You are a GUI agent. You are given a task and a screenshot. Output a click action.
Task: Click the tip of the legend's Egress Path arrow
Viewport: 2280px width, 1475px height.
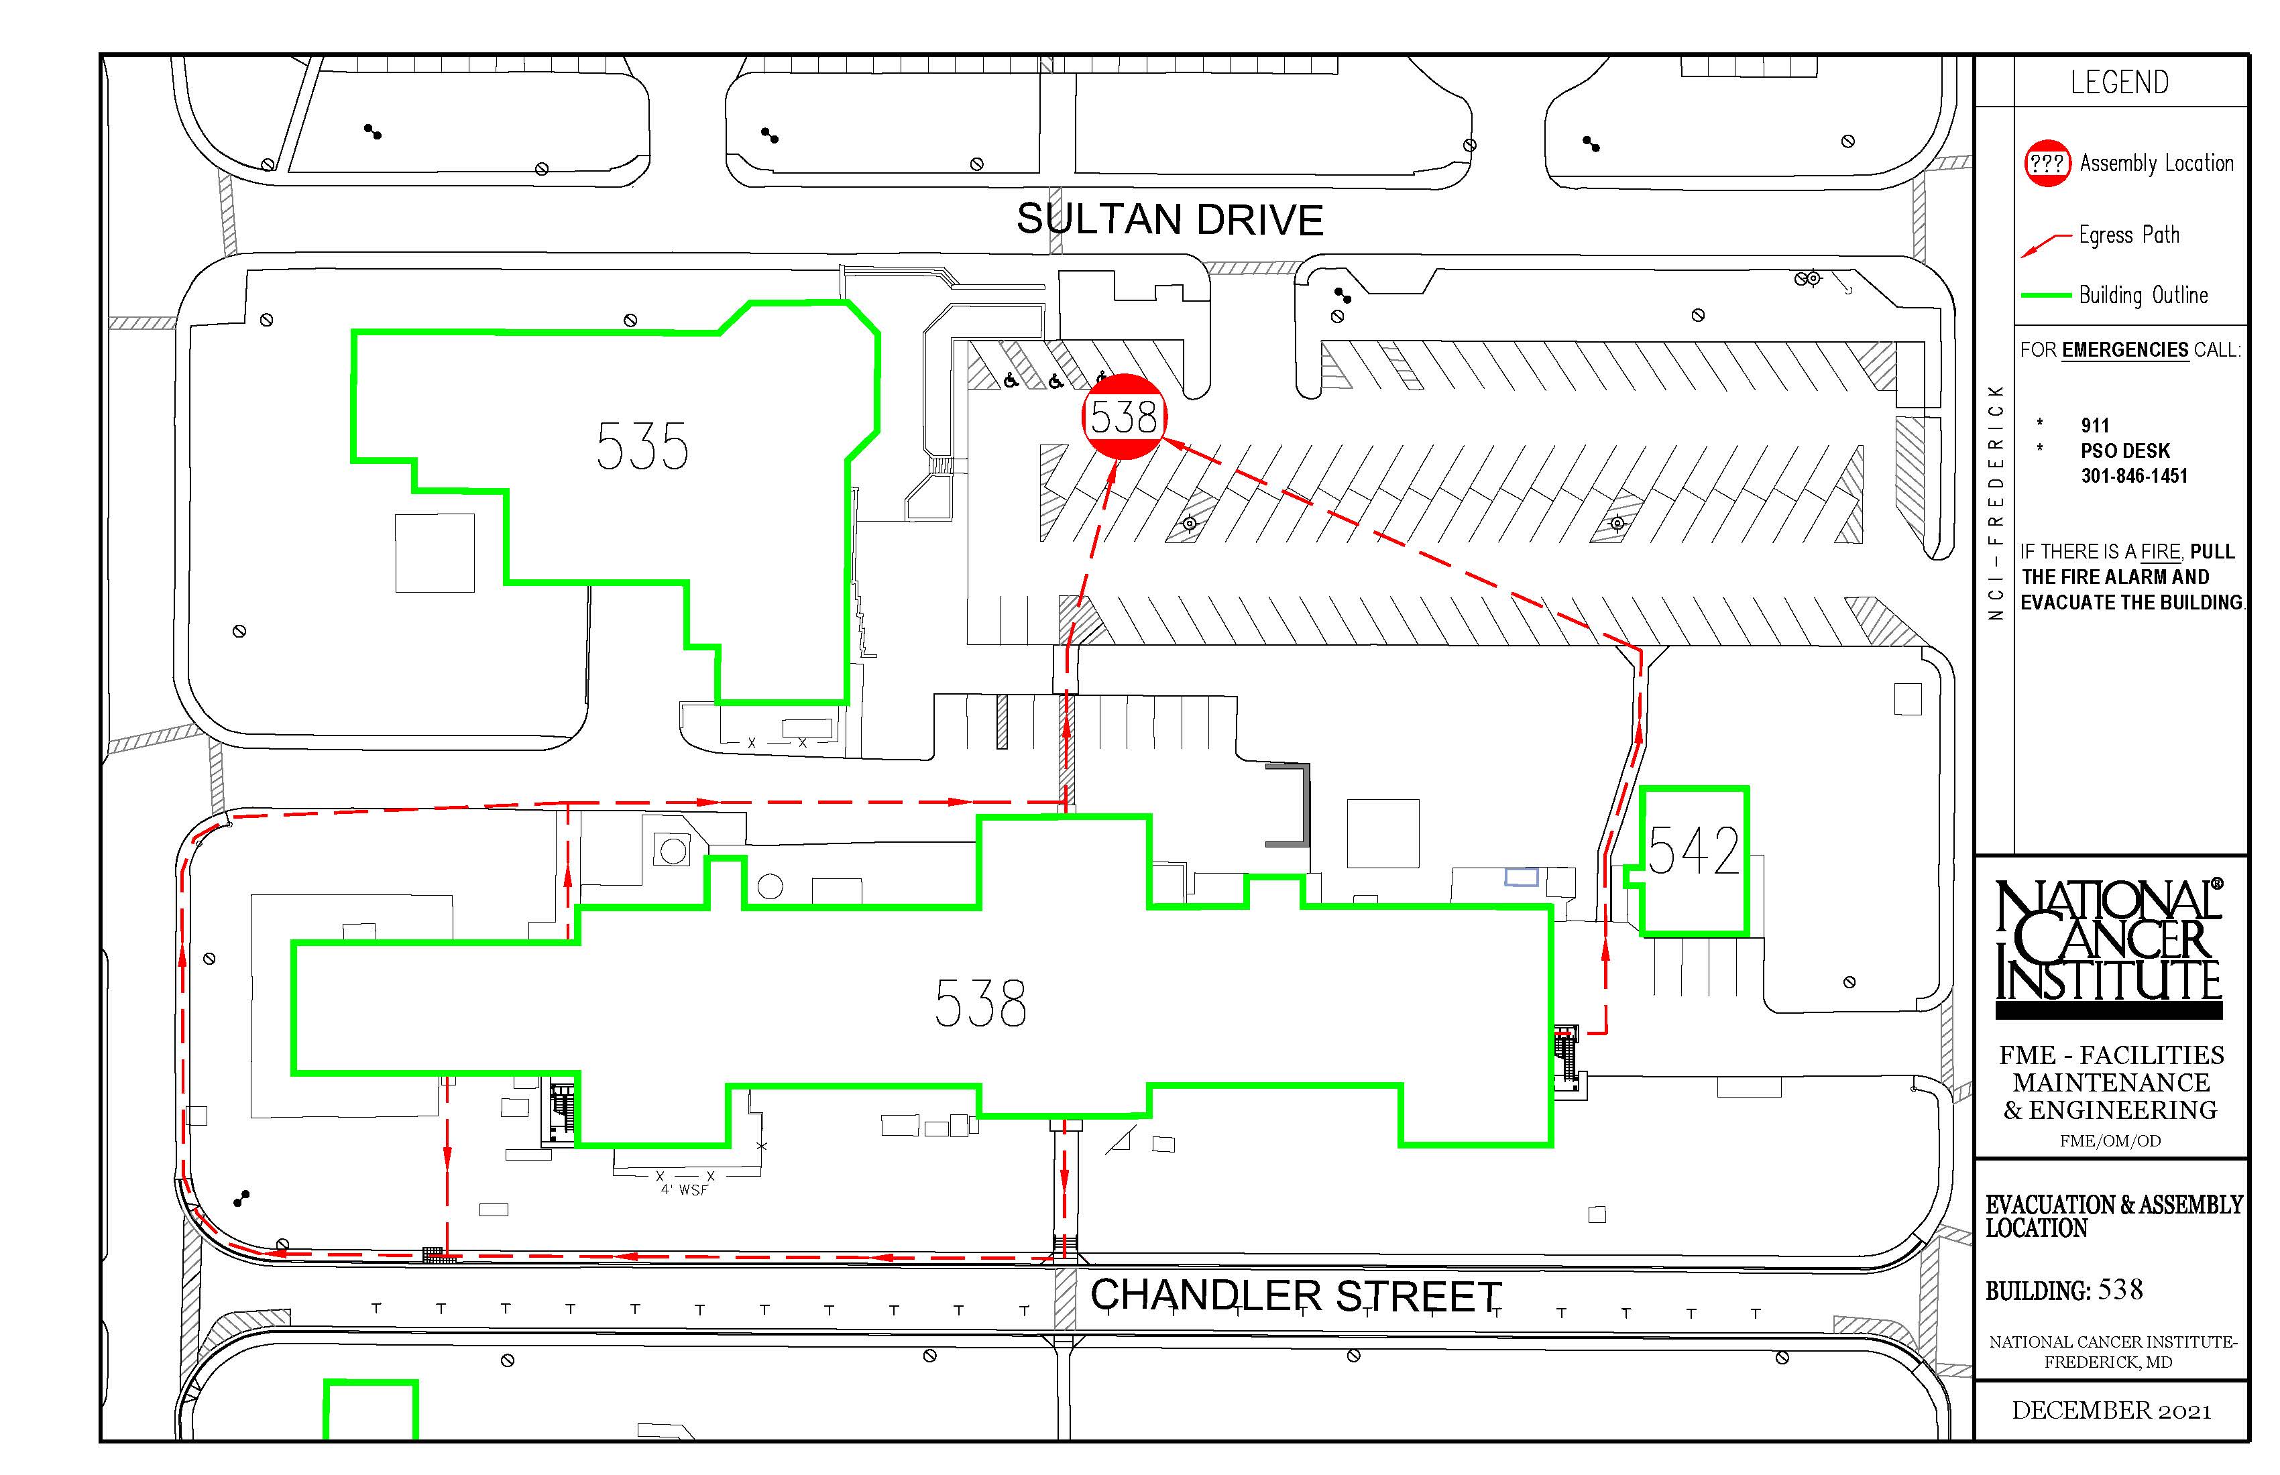point(2021,257)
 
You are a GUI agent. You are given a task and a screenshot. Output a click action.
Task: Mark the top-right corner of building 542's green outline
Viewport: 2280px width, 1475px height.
point(1748,788)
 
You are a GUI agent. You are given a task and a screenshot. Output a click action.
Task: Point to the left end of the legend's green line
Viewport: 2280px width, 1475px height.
point(2021,296)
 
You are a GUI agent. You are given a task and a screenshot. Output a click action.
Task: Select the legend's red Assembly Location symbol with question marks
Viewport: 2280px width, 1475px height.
point(2047,164)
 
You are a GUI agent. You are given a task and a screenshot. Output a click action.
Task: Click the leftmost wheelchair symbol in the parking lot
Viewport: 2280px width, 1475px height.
point(1011,380)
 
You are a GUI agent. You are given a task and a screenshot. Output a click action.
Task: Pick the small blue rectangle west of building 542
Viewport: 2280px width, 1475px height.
point(1522,876)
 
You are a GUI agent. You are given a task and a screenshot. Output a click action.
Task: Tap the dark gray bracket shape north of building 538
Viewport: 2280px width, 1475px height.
point(1306,805)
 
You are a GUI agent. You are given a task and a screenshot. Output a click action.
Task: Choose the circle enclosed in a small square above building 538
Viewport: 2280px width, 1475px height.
point(673,849)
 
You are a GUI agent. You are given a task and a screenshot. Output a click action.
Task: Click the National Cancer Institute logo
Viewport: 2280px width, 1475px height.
point(2108,948)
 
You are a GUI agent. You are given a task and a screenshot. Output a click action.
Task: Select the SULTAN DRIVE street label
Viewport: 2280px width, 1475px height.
point(1170,219)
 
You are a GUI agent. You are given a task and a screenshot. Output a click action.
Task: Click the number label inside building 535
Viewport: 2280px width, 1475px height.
point(642,447)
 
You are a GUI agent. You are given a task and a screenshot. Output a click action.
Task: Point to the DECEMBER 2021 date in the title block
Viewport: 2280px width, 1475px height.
point(2112,1411)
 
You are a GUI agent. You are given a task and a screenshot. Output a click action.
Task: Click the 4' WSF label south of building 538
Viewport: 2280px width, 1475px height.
point(684,1189)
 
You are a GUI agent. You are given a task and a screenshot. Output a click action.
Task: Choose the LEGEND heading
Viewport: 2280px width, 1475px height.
point(2119,82)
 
